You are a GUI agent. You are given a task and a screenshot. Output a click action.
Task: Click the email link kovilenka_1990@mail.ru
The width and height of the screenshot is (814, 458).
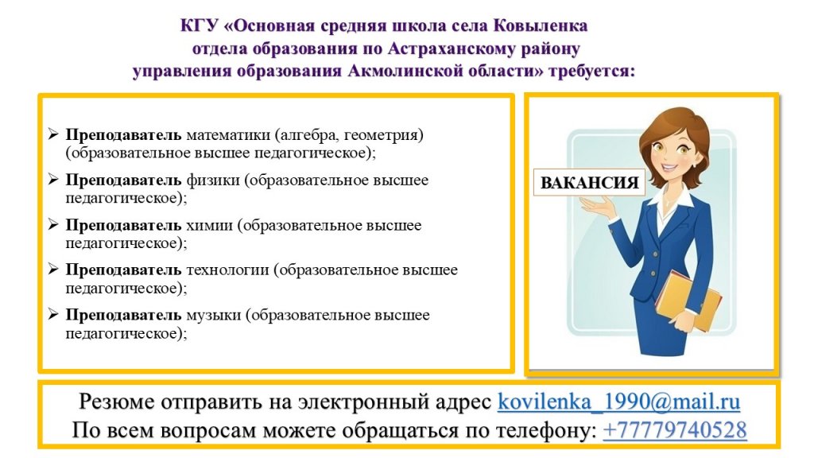(x=618, y=402)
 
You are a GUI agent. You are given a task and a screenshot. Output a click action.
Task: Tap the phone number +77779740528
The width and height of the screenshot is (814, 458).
(x=675, y=430)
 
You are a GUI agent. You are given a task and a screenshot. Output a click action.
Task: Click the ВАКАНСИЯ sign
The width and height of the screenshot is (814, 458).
(x=589, y=182)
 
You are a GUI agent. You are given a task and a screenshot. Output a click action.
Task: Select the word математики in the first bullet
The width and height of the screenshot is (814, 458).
(x=228, y=135)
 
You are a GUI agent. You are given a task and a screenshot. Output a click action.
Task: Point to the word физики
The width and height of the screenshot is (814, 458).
(x=213, y=180)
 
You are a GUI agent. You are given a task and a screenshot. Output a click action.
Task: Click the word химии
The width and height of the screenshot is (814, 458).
(x=209, y=225)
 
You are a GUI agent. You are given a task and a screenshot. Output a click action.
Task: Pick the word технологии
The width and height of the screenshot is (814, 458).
(x=227, y=270)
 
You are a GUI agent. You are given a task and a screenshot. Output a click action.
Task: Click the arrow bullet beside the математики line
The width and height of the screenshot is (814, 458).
(x=53, y=134)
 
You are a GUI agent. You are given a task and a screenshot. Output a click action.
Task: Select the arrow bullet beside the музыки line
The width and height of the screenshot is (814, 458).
(x=53, y=314)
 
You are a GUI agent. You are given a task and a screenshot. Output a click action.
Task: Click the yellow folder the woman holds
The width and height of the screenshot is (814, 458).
(x=688, y=301)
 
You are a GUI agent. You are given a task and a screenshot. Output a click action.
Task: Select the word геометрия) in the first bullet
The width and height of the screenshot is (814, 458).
(x=384, y=135)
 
